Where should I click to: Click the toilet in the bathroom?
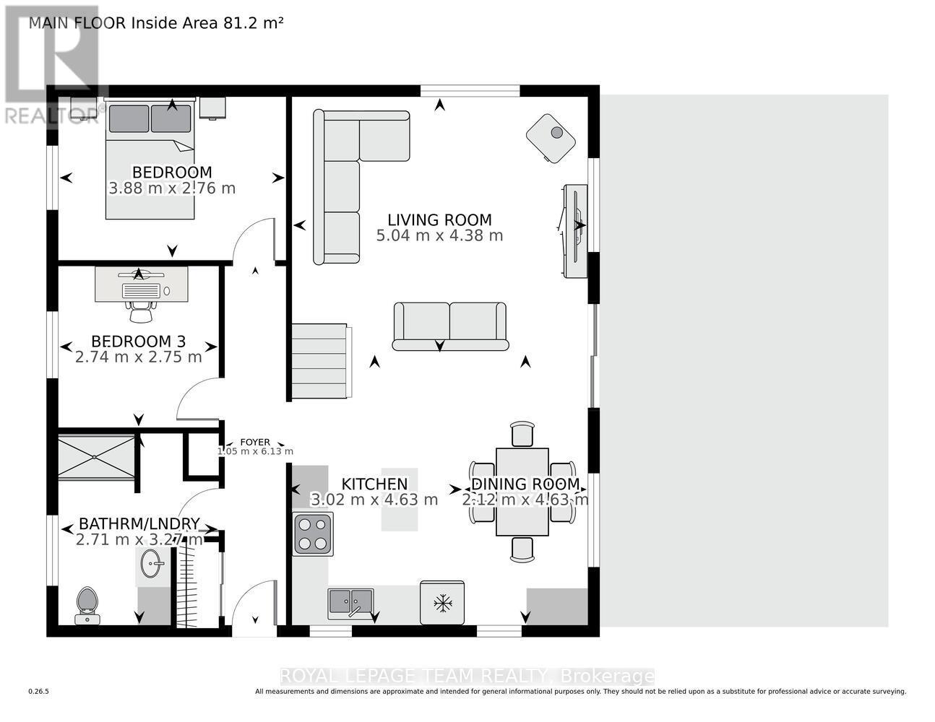[87, 603]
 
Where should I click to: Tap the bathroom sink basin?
[152, 562]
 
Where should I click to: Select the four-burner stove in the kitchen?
[313, 534]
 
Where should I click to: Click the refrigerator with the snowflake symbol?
[441, 602]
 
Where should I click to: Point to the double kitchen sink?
[350, 601]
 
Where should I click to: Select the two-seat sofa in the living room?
[449, 326]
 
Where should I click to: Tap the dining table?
[522, 492]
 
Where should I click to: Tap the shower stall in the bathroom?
[96, 456]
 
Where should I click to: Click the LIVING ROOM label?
[439, 220]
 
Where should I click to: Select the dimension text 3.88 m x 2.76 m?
[172, 188]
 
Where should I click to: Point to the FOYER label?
[255, 443]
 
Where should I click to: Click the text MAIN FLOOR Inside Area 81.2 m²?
[155, 22]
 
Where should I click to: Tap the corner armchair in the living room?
[551, 138]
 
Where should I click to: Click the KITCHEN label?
[374, 484]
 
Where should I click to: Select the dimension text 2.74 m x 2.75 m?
[139, 357]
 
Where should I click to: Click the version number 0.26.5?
[38, 692]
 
